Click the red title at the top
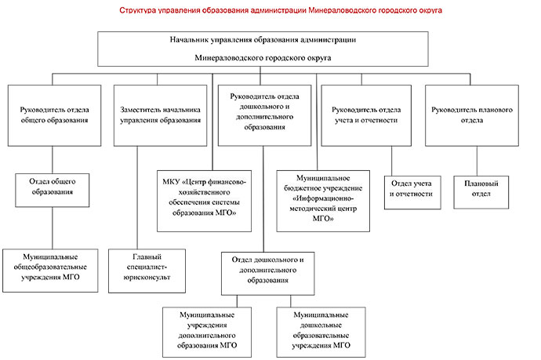281,10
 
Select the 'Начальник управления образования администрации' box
263,49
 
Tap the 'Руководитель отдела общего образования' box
55,115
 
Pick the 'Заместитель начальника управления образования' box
161,115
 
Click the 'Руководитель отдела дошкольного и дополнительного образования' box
265,115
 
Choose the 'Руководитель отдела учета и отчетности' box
366,115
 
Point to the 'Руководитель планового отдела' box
472,115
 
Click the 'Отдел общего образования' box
53,190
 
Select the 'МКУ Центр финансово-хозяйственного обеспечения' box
205,201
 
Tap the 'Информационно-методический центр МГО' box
323,201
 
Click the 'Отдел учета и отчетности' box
412,193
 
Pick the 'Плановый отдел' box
481,192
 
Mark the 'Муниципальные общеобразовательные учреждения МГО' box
50,271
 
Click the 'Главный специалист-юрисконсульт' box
147,271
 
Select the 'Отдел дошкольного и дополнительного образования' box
268,274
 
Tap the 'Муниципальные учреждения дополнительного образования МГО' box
207,332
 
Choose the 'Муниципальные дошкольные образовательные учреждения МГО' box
321,332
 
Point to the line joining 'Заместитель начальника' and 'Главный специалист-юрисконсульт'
137,198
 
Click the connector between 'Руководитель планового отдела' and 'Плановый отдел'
477,161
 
